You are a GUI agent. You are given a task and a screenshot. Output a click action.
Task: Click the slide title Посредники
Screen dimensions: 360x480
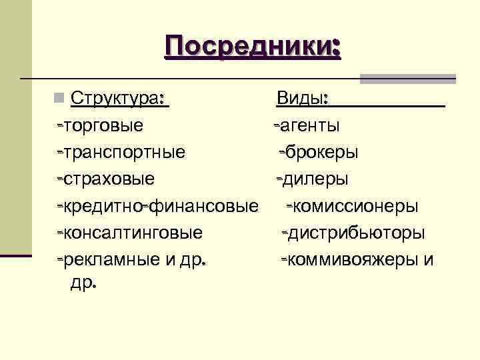(x=253, y=47)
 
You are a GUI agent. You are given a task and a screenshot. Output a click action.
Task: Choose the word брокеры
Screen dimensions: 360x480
(x=322, y=153)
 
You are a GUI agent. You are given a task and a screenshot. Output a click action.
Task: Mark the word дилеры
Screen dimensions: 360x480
(x=313, y=179)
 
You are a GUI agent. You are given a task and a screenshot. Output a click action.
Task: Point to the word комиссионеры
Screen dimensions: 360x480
(x=356, y=207)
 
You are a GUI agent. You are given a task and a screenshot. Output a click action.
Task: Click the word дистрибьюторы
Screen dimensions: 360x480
(x=357, y=233)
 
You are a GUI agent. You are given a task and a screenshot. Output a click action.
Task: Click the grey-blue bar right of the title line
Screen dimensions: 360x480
(x=407, y=79)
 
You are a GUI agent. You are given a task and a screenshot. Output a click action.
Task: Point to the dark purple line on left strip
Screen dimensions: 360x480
(x=16, y=255)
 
